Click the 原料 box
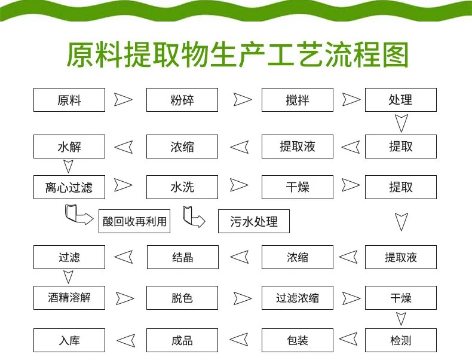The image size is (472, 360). [x=69, y=100]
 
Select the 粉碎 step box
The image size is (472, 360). [x=182, y=100]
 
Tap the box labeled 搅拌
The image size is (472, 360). [x=297, y=100]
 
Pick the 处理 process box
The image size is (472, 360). [x=400, y=100]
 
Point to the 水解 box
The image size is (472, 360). [x=69, y=147]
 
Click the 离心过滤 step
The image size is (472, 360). [x=69, y=187]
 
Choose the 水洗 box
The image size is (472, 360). [x=182, y=187]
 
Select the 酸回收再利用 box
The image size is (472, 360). [x=134, y=222]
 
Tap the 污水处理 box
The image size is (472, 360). [x=254, y=222]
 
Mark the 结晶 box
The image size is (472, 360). [x=182, y=258]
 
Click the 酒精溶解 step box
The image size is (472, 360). [x=69, y=297]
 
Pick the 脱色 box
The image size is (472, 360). [x=182, y=297]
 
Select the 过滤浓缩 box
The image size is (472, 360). [x=297, y=297]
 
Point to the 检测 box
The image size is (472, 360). [x=400, y=340]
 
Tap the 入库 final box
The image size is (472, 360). [x=69, y=340]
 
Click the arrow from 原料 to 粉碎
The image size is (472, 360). [x=124, y=99]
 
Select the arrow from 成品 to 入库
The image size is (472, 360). [x=125, y=341]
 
